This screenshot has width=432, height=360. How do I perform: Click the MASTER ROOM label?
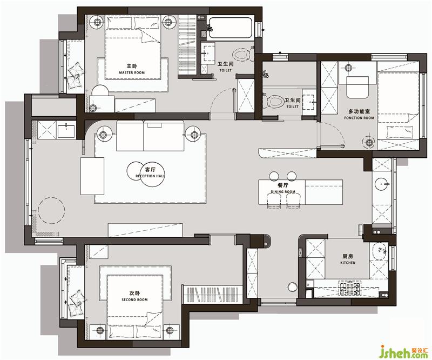[x=132, y=72]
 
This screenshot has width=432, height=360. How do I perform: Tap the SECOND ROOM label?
[x=134, y=299]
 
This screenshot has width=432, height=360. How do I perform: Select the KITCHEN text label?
[x=348, y=263]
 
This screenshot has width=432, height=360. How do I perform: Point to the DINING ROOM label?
[x=282, y=191]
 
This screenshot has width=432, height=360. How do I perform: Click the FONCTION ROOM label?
[x=359, y=118]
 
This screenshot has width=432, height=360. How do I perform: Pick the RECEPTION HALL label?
[x=150, y=176]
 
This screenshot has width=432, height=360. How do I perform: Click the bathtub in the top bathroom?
[x=230, y=28]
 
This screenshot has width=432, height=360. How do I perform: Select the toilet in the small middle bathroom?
[x=274, y=101]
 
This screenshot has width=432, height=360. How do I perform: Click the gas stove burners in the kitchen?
[x=349, y=288]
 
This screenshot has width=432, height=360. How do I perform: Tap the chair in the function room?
[x=357, y=87]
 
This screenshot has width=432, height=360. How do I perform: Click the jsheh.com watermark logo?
[x=404, y=352]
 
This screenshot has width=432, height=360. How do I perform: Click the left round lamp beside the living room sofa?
[x=103, y=135]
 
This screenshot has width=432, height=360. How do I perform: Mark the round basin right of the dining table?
[x=381, y=183]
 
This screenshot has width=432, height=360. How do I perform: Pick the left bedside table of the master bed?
[x=97, y=22]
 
